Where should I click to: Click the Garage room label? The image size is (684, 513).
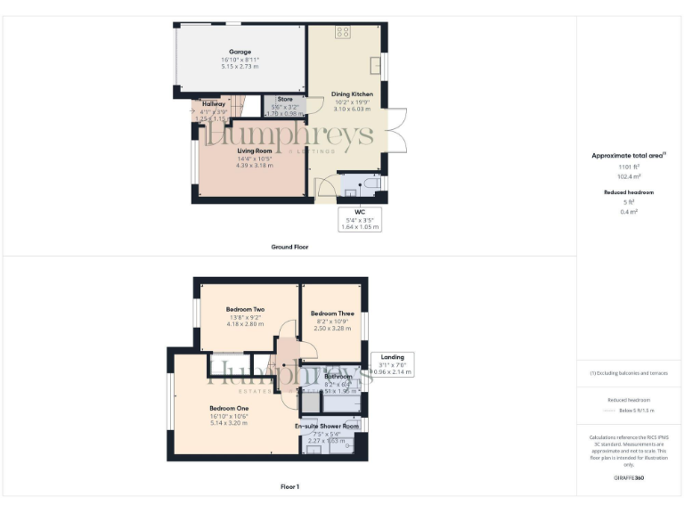pyautogui.click(x=239, y=52)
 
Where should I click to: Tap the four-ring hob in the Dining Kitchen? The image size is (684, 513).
pyautogui.click(x=341, y=33)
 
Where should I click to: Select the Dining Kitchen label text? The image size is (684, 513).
pyautogui.click(x=352, y=94)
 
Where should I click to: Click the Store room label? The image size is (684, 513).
pyautogui.click(x=285, y=99)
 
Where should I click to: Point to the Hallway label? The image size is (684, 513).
pyautogui.click(x=213, y=104)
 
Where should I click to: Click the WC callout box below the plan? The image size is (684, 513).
pyautogui.click(x=360, y=219)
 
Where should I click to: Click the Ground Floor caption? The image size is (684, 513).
pyautogui.click(x=290, y=247)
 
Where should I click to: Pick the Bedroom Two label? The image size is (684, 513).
pyautogui.click(x=245, y=309)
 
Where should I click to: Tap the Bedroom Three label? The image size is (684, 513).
pyautogui.click(x=331, y=313)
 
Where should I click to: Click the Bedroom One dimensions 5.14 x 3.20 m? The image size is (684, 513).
pyautogui.click(x=229, y=423)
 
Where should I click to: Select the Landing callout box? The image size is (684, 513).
pyautogui.click(x=392, y=363)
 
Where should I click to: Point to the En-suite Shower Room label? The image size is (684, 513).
pyautogui.click(x=327, y=427)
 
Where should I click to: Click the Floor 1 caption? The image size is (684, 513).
pyautogui.click(x=289, y=487)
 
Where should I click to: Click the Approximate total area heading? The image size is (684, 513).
pyautogui.click(x=627, y=155)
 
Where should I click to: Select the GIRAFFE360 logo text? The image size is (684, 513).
pyautogui.click(x=629, y=478)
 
